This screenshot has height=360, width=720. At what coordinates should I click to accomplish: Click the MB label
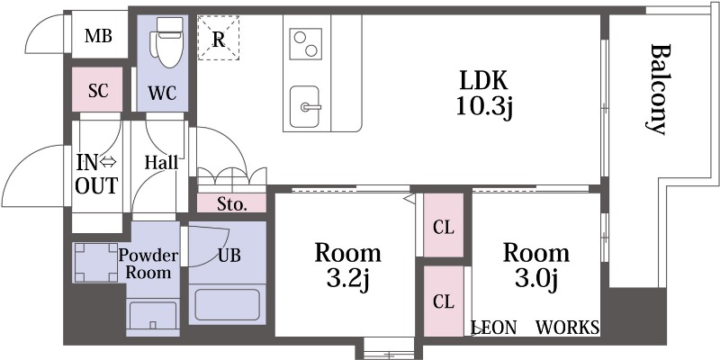[x=98, y=36]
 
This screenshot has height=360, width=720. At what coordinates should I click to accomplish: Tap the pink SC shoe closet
[x=97, y=89]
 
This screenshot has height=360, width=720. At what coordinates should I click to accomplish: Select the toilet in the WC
[x=169, y=42]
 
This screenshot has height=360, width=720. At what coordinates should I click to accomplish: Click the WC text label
[x=162, y=94]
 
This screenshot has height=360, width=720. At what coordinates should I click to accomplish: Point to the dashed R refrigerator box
[x=219, y=38]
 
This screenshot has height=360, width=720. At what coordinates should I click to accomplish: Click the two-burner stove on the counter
[x=306, y=43]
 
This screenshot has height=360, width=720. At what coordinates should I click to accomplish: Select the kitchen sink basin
[x=305, y=107]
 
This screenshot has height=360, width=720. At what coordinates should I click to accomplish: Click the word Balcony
[x=661, y=89]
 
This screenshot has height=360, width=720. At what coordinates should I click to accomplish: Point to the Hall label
[x=161, y=162]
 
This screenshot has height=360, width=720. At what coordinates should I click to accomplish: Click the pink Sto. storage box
[x=232, y=203]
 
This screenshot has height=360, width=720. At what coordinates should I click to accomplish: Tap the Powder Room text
[x=148, y=264]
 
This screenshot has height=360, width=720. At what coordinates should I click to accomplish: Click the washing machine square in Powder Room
[x=96, y=262]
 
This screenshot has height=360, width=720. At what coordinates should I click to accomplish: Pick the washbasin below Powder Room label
[x=153, y=315]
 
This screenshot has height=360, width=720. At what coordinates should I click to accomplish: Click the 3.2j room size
[x=347, y=280]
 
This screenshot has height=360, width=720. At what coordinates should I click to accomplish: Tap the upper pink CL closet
[x=444, y=225]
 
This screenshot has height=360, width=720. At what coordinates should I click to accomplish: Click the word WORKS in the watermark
[x=568, y=328]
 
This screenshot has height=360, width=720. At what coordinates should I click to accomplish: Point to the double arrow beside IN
[x=109, y=162]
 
